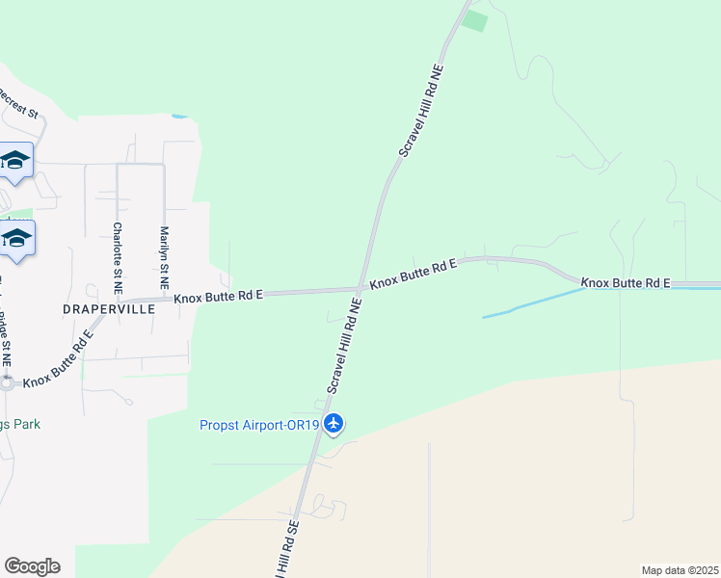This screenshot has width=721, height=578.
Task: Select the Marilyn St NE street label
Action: [x=164, y=258]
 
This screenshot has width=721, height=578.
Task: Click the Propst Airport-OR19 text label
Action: [x=259, y=425]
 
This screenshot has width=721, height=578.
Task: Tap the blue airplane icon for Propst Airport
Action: [x=334, y=423]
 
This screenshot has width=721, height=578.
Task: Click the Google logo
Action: [x=32, y=566]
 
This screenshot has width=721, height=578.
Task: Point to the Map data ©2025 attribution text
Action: [x=680, y=570]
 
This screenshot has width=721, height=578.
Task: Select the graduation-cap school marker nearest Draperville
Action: [x=16, y=238]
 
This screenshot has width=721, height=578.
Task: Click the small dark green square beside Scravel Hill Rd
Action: [x=474, y=21]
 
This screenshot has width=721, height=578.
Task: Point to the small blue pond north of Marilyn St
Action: [x=179, y=117]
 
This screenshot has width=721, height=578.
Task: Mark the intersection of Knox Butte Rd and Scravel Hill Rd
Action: [x=360, y=288]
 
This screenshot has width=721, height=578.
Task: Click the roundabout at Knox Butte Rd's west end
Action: [x=6, y=382]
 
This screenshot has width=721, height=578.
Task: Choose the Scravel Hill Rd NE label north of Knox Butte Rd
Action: [x=421, y=114]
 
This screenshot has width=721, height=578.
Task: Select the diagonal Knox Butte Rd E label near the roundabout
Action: [x=59, y=358]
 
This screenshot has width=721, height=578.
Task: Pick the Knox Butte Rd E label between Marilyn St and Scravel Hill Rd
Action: [x=219, y=296]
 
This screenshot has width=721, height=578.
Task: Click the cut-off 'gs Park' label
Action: [x=20, y=424]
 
